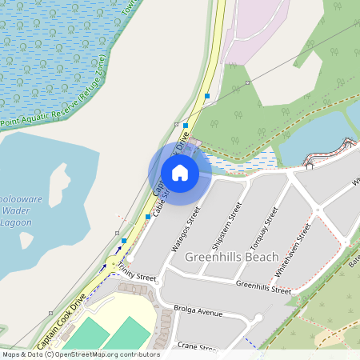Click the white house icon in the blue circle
pos(180,172)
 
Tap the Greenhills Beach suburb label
pos(231,258)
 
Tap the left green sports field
pos(84,336)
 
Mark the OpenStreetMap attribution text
pos(80,354)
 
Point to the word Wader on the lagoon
pos(18,212)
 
